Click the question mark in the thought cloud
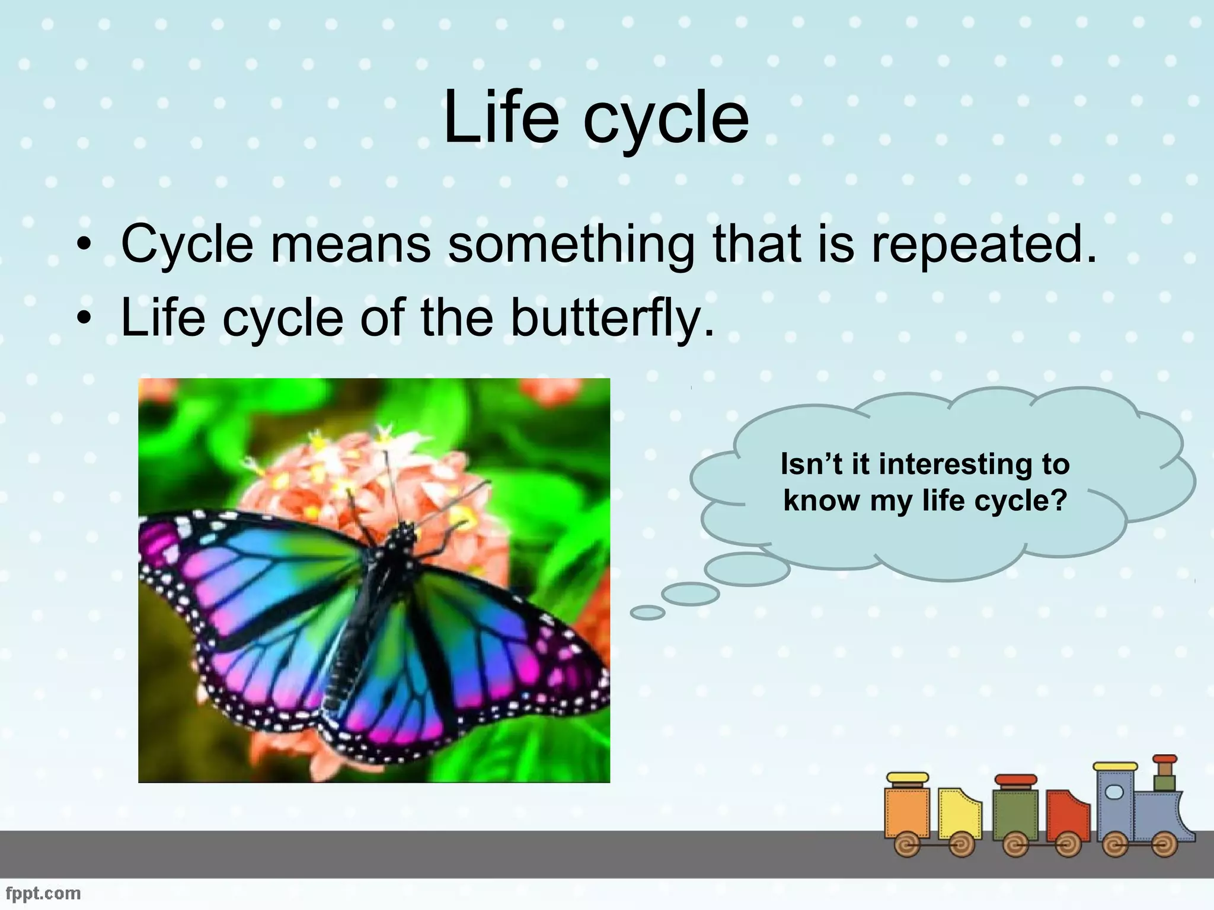click(x=1059, y=501)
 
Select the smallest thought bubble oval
click(x=647, y=613)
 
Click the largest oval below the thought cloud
click(x=747, y=569)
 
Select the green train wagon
click(x=1015, y=815)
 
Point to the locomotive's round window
click(x=1114, y=792)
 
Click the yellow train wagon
click(x=959, y=815)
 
